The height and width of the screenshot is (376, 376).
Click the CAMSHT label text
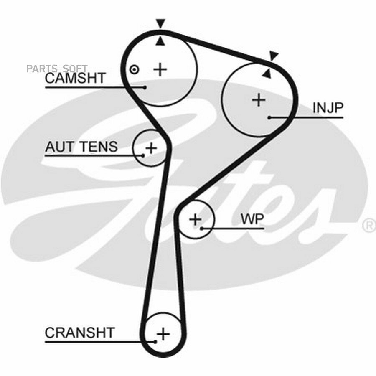(75, 78)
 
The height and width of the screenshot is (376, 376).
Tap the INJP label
(328, 108)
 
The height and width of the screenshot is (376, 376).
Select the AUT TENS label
(81, 147)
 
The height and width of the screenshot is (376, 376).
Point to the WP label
(252, 218)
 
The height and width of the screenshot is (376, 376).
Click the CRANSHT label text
(80, 333)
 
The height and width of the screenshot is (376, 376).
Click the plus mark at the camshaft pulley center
(160, 69)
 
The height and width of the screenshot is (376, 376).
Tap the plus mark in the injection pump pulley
(259, 100)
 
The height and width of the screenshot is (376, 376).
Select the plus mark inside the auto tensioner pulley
(151, 148)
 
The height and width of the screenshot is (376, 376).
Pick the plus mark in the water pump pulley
(196, 219)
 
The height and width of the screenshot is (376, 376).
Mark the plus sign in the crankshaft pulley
(163, 333)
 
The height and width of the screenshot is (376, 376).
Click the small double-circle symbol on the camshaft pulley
(134, 70)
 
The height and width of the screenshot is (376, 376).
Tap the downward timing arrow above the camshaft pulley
(160, 24)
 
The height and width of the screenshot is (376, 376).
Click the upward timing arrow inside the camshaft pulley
(160, 41)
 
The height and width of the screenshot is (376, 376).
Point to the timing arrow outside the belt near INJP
(274, 56)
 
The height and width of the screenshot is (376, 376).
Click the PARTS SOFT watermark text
(57, 69)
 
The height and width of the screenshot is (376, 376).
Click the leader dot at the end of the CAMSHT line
(145, 87)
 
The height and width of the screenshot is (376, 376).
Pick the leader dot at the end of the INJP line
(269, 118)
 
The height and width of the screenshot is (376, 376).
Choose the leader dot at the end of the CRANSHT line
(155, 342)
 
